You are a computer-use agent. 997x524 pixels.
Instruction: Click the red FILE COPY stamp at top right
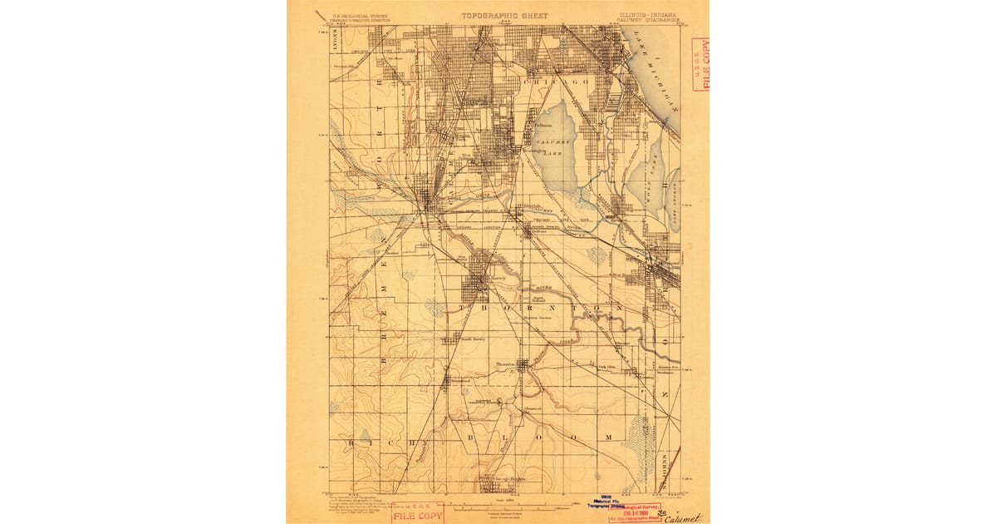pos(700,63)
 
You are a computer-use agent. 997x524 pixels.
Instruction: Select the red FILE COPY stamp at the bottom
pos(417,512)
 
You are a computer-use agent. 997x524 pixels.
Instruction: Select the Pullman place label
pos(544,126)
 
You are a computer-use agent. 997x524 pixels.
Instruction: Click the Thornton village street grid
pos(523,367)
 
